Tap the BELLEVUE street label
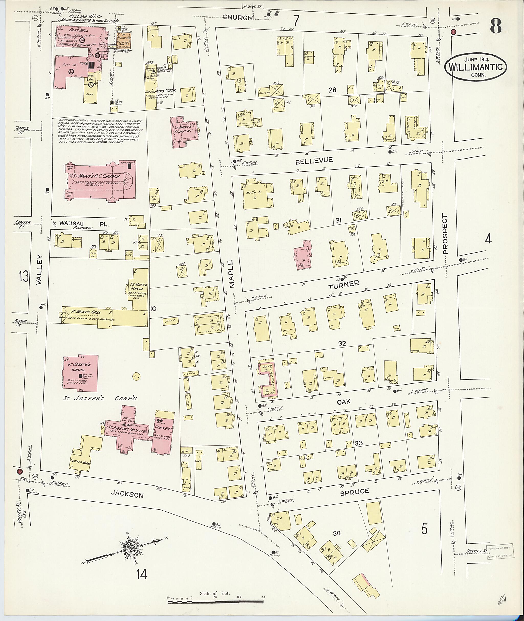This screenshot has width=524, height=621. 314,161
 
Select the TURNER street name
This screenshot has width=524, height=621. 344,284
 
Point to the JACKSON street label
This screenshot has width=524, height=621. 127,494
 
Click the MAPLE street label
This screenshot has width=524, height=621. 231,274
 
